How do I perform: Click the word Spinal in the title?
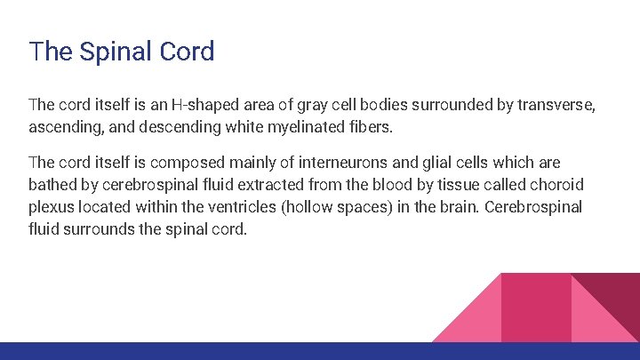pos(114,51)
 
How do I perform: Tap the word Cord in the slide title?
pos(187,51)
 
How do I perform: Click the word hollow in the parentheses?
pos(320,206)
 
